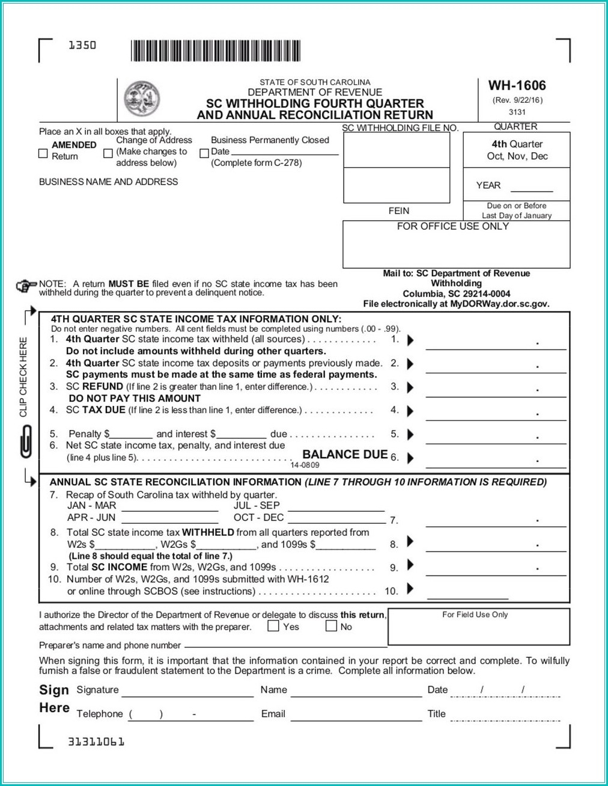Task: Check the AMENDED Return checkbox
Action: click(43, 154)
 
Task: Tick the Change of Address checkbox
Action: click(108, 153)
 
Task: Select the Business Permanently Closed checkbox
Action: click(204, 153)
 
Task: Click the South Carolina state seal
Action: click(142, 99)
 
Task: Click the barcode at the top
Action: click(215, 51)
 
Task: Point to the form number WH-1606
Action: click(517, 85)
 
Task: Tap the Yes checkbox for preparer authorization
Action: click(273, 626)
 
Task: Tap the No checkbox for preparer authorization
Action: click(331, 626)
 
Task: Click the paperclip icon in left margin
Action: click(26, 441)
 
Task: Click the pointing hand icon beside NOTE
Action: click(26, 286)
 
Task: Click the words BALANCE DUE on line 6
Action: click(345, 455)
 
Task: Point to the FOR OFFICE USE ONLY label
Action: click(452, 227)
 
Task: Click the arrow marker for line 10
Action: click(410, 589)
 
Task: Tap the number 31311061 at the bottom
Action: click(96, 741)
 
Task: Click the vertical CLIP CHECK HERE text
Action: click(23, 377)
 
